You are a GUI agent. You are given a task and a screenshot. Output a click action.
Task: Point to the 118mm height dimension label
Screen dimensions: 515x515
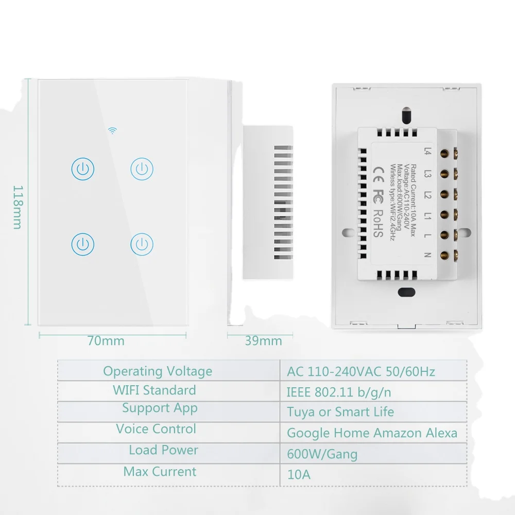[17, 207]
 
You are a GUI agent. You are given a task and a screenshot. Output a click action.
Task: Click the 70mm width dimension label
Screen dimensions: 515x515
[106, 341]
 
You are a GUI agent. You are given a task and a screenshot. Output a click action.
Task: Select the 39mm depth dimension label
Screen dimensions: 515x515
[263, 341]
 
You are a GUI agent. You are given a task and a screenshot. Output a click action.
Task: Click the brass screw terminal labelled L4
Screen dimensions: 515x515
[443, 152]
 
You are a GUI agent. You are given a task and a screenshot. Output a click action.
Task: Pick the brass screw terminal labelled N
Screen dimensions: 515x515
[443, 253]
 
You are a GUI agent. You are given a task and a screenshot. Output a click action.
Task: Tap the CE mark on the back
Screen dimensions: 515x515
[377, 170]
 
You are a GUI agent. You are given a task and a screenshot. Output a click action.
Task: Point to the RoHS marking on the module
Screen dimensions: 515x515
[377, 224]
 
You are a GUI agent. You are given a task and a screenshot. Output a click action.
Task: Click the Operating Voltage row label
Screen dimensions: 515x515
[158, 371]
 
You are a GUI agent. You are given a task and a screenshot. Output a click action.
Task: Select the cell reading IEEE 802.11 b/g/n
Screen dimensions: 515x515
[339, 392]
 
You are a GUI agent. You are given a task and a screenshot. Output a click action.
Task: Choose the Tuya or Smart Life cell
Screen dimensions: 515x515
[340, 412]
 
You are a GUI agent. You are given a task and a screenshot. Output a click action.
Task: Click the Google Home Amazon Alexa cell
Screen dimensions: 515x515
[372, 433]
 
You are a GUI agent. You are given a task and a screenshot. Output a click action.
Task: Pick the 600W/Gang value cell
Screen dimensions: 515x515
[322, 454]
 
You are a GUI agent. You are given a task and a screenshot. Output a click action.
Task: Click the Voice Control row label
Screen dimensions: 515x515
[156, 429]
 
